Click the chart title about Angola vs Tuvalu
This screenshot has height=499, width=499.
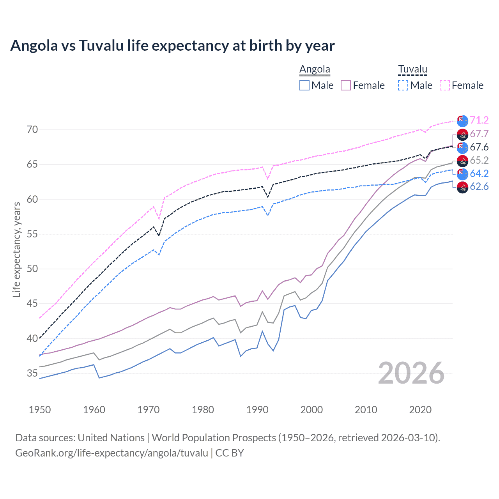coord(172,46)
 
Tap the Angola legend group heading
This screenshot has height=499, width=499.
coord(315,69)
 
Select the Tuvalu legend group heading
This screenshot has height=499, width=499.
coord(412,69)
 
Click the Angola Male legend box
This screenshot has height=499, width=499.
coord(304,85)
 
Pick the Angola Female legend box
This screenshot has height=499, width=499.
coord(346,85)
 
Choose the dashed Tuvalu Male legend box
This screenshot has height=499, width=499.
coord(403,85)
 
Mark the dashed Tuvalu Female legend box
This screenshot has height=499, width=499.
coord(445,85)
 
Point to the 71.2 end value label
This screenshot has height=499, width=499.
coord(479,120)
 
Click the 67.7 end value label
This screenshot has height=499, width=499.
coord(479,134)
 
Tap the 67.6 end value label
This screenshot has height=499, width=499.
coord(479,147)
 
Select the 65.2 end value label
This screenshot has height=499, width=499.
coord(479,160)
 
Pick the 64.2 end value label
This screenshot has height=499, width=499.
coord(479,173)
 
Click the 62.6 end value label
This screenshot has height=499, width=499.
coord(479,187)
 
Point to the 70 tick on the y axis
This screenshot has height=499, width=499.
coord(32,130)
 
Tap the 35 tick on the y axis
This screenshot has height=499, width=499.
coord(32,373)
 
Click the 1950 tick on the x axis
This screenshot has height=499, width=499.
coord(40,410)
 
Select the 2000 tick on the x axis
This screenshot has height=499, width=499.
coord(311,410)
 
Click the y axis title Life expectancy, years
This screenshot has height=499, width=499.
coord(17,249)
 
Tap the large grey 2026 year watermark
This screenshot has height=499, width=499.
coord(411,373)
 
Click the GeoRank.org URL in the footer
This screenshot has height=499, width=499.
coord(111,453)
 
